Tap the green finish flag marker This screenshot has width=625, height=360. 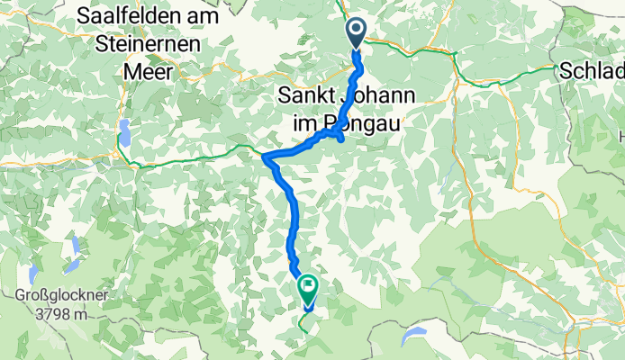point(308,289)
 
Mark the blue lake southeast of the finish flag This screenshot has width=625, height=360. point(416,335)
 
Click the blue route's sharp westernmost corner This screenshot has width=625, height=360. point(265,157)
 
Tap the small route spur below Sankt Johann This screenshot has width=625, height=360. point(340,137)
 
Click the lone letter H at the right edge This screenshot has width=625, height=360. point(620,136)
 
